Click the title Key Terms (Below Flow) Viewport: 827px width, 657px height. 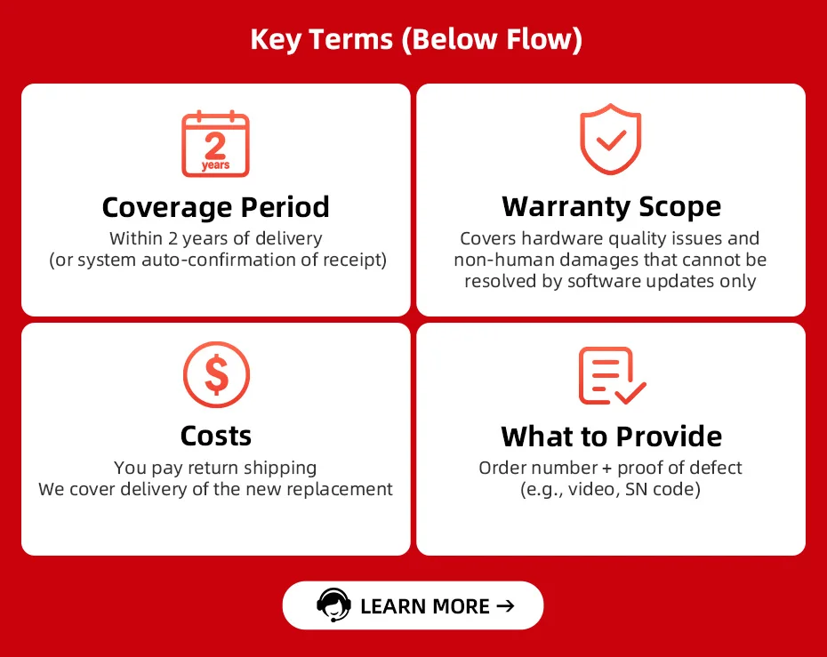(x=416, y=39)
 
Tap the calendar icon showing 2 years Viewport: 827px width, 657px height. (x=215, y=143)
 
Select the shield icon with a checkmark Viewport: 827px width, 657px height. (x=610, y=140)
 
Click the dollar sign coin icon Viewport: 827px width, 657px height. (x=216, y=374)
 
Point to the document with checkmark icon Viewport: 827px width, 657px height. (x=612, y=375)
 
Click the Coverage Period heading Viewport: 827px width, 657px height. (x=216, y=206)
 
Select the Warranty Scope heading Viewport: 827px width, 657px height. (x=611, y=206)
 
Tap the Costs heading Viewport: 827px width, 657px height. (x=216, y=436)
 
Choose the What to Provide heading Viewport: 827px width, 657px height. (x=611, y=436)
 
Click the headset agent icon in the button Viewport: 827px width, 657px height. (x=333, y=605)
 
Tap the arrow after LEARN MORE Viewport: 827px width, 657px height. (x=505, y=605)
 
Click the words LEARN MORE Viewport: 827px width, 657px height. (x=424, y=606)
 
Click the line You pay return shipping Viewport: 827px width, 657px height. (x=215, y=469)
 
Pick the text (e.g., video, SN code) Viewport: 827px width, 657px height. (x=610, y=490)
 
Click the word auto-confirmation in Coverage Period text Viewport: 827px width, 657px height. (x=219, y=260)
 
